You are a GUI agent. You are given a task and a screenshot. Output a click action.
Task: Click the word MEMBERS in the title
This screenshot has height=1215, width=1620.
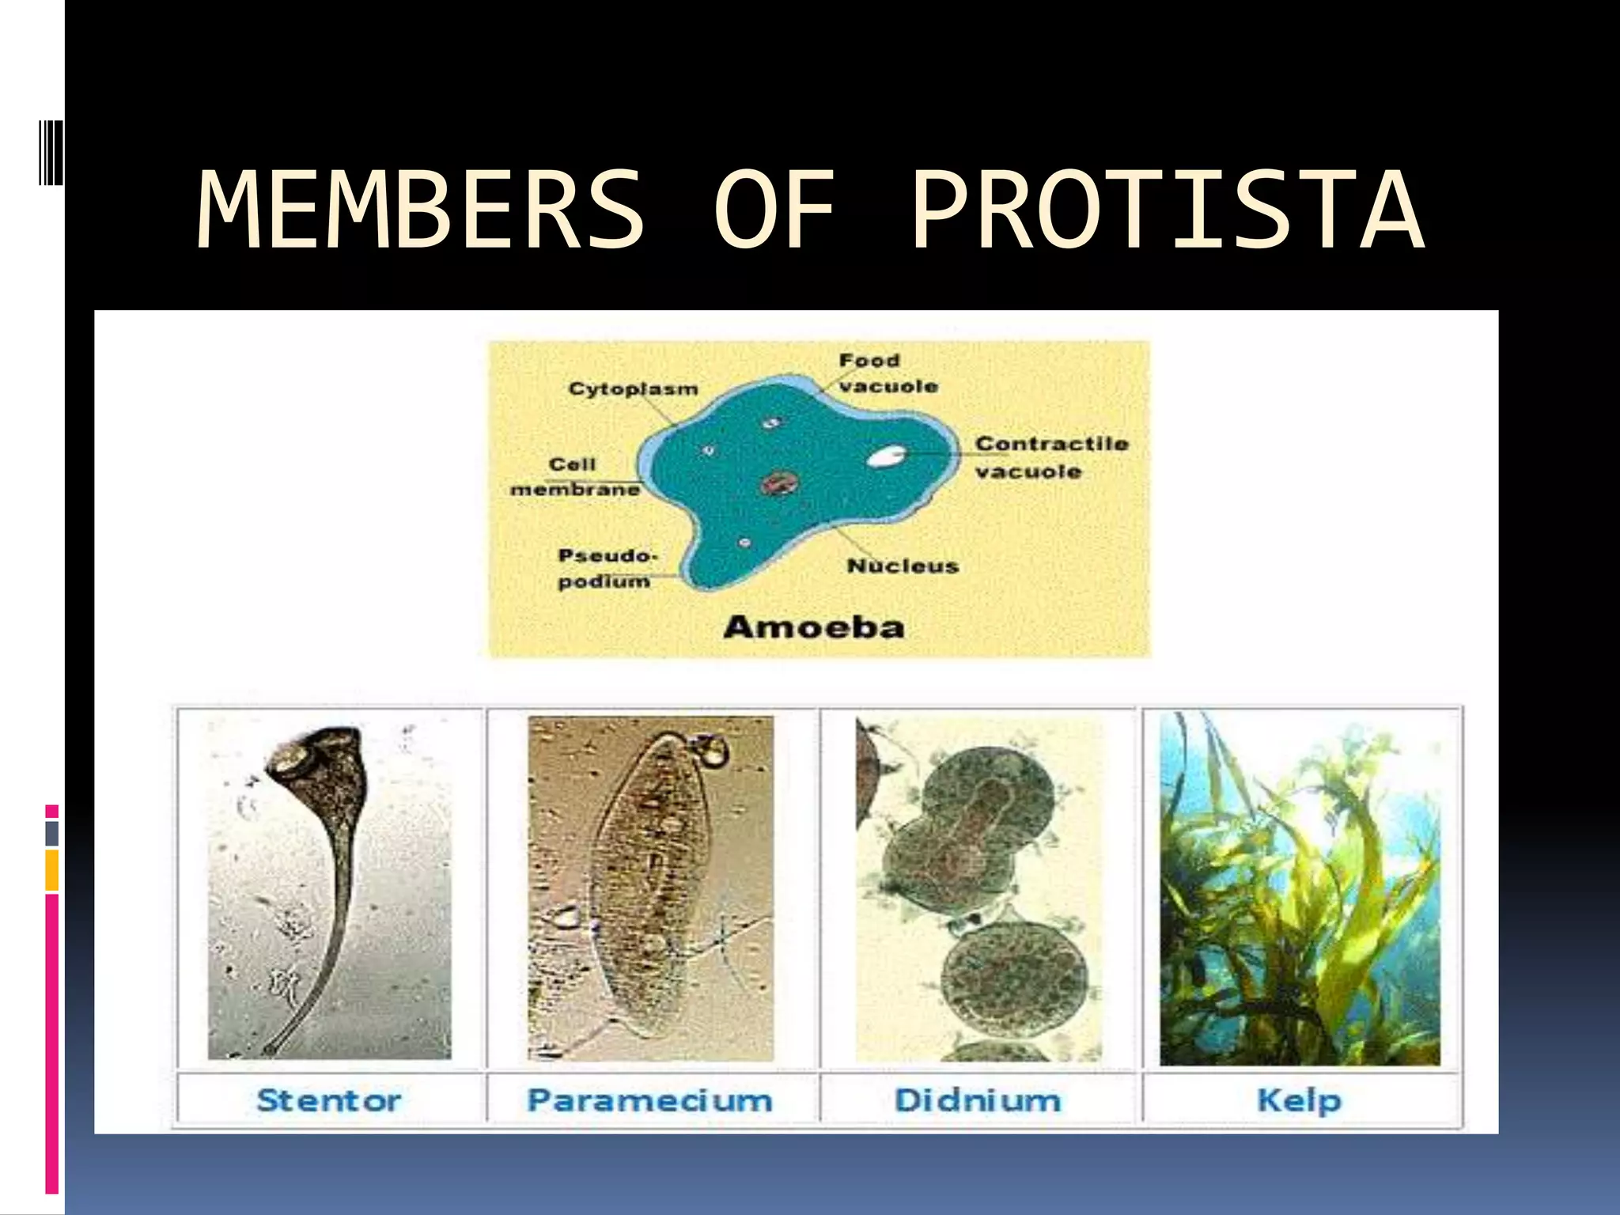420,211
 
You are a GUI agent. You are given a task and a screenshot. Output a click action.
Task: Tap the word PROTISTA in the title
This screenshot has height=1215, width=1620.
1167,211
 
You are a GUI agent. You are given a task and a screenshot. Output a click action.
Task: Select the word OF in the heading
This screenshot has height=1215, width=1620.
774,211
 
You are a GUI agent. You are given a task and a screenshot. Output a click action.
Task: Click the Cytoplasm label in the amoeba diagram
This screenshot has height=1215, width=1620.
633,388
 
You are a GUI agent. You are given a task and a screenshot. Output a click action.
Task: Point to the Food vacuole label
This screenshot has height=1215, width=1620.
888,373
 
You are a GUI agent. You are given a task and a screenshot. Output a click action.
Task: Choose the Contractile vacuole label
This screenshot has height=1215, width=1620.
1050,457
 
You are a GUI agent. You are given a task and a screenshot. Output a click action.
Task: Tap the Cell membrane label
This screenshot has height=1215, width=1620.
574,477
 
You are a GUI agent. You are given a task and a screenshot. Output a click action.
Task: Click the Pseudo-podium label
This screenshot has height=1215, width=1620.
606,568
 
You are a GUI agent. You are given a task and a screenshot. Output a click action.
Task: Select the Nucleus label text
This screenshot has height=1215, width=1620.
902,566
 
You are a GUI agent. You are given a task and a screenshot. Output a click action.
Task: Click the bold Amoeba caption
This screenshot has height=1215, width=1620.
813,627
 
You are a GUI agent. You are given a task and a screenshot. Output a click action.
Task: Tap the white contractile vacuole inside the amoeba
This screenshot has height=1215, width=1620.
886,456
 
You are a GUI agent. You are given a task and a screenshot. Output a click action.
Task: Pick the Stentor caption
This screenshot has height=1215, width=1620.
329,1100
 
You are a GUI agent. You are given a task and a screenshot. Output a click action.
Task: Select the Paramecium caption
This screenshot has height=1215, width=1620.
649,1100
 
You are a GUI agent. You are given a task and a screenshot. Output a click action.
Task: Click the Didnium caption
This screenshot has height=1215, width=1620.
977,1100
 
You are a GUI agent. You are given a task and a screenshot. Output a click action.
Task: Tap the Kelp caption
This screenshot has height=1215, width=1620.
1299,1100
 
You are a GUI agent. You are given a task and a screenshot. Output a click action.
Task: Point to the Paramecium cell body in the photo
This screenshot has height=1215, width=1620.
653,878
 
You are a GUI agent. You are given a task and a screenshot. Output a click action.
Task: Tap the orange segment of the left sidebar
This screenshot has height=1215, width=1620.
51,870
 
